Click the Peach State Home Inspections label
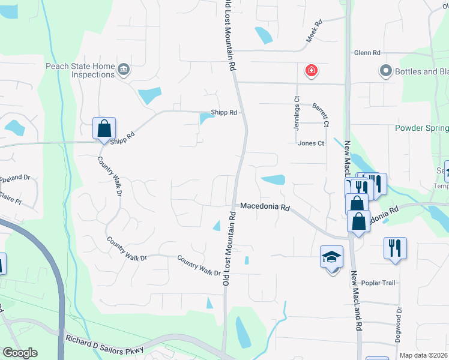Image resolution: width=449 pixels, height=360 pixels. coord(79,70)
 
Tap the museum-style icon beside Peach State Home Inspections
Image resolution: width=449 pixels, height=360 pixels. coord(124,70)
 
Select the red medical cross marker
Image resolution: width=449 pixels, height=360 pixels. coord(311,71)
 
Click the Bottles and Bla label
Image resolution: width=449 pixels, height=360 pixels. coord(421,72)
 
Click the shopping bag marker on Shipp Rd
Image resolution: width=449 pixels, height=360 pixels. coord(104,128)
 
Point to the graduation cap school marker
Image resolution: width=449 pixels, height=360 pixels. coord(331,257)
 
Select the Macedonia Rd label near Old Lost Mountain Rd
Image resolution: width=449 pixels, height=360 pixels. coord(265,206)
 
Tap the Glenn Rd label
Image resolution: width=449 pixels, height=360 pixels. coord(367,53)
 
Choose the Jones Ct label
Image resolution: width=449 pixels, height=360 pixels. coord(311,143)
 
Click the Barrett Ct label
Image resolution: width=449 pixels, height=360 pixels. coord(321,115)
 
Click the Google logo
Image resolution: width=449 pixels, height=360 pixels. coord(20,353)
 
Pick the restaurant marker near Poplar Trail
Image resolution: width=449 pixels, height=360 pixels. coord(395,247)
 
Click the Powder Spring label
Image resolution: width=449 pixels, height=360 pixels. coord(422,128)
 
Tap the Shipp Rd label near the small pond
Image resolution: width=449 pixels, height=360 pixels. coord(224,112)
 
